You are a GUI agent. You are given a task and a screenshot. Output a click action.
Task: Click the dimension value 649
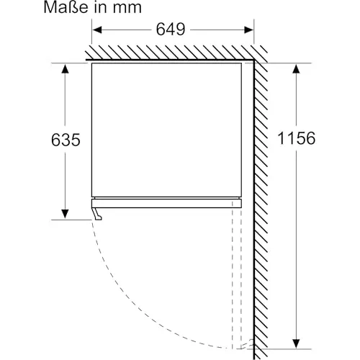click(x=171, y=30)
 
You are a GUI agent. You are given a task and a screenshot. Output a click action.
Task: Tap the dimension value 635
click(x=66, y=140)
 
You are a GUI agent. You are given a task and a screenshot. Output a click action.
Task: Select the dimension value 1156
click(x=296, y=138)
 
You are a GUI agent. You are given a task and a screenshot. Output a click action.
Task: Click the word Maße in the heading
click(x=66, y=7)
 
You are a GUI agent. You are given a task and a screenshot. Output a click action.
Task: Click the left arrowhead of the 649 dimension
click(x=97, y=30)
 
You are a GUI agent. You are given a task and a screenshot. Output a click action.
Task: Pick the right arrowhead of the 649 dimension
click(x=248, y=30)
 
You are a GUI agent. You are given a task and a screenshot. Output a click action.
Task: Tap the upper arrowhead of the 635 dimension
click(x=65, y=68)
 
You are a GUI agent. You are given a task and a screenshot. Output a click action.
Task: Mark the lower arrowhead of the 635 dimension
click(x=65, y=214)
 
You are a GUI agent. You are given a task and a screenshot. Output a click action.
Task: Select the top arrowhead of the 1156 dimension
click(x=297, y=69)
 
